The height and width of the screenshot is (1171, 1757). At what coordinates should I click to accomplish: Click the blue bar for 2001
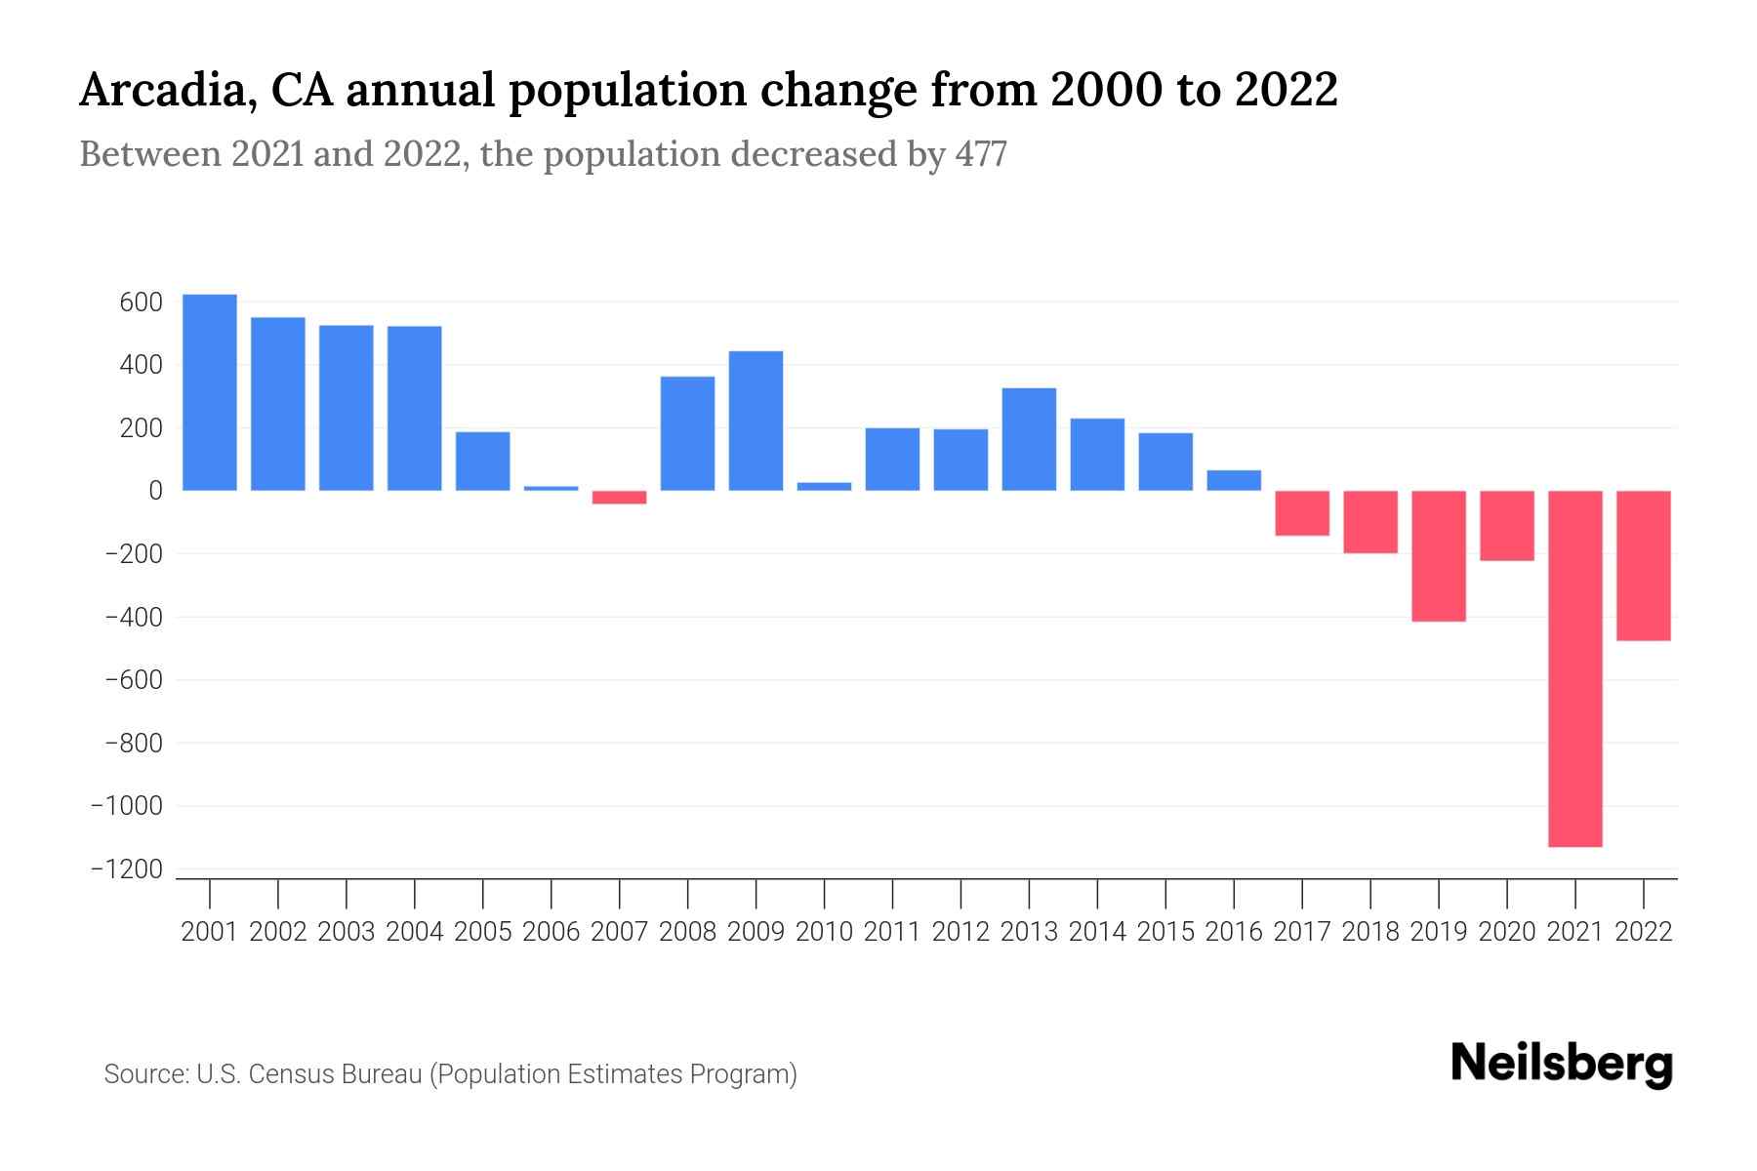pyautogui.click(x=210, y=392)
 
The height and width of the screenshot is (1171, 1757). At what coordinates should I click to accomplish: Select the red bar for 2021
pyautogui.click(x=1575, y=668)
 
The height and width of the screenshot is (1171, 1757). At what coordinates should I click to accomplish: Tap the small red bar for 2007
pyautogui.click(x=620, y=498)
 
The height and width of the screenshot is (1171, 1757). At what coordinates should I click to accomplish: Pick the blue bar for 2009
pyautogui.click(x=756, y=421)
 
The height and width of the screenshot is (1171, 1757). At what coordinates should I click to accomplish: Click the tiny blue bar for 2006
pyautogui.click(x=552, y=488)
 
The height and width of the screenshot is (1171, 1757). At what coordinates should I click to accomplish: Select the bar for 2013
pyautogui.click(x=1029, y=439)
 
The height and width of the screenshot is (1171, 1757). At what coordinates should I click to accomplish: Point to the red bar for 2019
pyautogui.click(x=1439, y=556)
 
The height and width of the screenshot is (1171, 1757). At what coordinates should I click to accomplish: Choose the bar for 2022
pyautogui.click(x=1644, y=566)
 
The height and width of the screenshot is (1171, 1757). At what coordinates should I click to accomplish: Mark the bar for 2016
pyautogui.click(x=1234, y=480)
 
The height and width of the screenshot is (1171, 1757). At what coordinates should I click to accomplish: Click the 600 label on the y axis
pyautogui.click(x=141, y=303)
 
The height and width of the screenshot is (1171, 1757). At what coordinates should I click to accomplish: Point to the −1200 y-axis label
pyautogui.click(x=127, y=869)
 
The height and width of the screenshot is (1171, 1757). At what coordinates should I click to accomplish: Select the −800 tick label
pyautogui.click(x=134, y=744)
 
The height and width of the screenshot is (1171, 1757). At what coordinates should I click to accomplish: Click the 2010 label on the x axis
pyautogui.click(x=824, y=932)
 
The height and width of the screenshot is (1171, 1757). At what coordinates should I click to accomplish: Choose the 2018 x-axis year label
pyautogui.click(x=1370, y=932)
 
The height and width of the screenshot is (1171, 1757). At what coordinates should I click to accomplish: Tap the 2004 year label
pyautogui.click(x=415, y=932)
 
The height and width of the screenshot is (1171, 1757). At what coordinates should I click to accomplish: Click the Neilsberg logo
pyautogui.click(x=1562, y=1064)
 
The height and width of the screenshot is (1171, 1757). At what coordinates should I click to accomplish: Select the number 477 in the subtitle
pyautogui.click(x=981, y=155)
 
